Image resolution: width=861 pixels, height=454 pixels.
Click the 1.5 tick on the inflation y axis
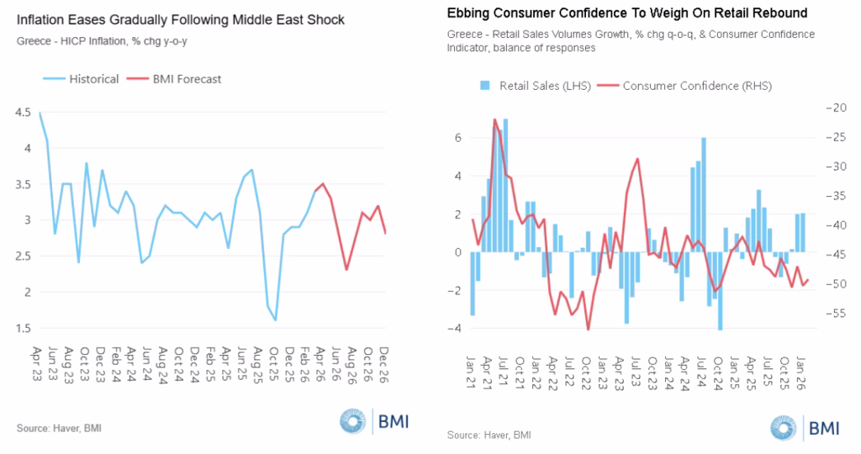coord(22,328)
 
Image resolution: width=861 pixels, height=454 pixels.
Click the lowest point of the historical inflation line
coord(275,320)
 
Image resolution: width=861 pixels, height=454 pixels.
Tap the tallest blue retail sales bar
coord(505,119)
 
